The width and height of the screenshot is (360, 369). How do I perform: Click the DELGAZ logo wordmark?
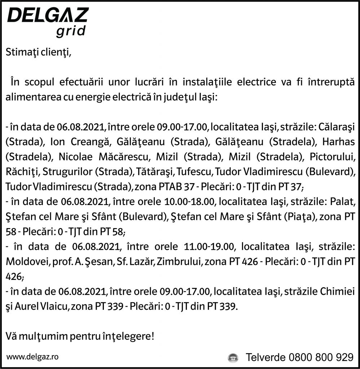[x=48, y=15]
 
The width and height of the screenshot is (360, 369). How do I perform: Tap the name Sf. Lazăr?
[x=134, y=262]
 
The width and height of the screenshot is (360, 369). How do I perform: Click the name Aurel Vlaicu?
[x=42, y=307]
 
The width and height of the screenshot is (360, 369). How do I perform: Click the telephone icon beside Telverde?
[x=233, y=358]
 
